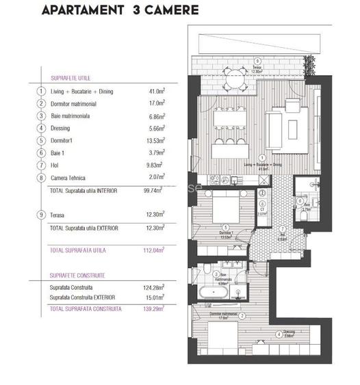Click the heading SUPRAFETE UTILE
66,78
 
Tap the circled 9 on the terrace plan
257,60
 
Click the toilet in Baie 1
304,213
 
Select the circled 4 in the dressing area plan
277,334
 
